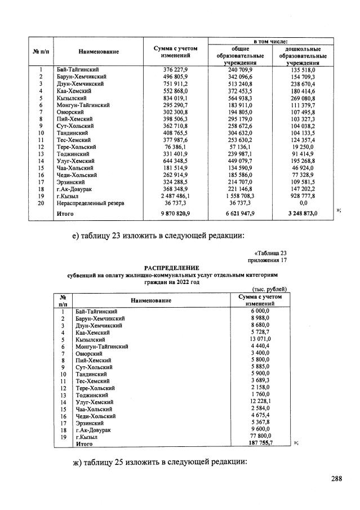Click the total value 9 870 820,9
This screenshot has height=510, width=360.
[x=175, y=214]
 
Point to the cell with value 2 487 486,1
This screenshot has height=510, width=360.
[x=175, y=195]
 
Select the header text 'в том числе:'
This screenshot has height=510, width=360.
[x=270, y=41]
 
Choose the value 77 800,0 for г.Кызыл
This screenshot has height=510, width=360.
[x=259, y=437]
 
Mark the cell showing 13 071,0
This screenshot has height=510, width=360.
[x=259, y=340]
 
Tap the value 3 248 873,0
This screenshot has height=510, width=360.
[x=303, y=214]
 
